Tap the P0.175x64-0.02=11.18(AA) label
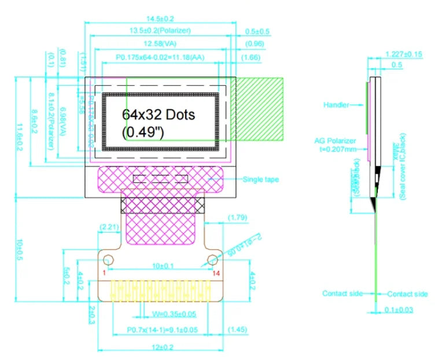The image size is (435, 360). pyautogui.click(x=160, y=57)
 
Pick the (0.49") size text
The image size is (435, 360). pyautogui.click(x=143, y=132)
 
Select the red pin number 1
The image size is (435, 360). pyautogui.click(x=105, y=272)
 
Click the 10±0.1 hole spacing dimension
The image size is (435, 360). pyautogui.click(x=160, y=265)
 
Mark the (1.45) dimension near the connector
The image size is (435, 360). pyautogui.click(x=238, y=329)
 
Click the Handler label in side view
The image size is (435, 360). pyautogui.click(x=336, y=105)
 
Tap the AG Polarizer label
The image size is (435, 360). pyautogui.click(x=335, y=141)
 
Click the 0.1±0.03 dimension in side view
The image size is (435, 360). pyautogui.click(x=399, y=310)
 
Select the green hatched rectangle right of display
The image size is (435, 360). pyautogui.click(x=257, y=108)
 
